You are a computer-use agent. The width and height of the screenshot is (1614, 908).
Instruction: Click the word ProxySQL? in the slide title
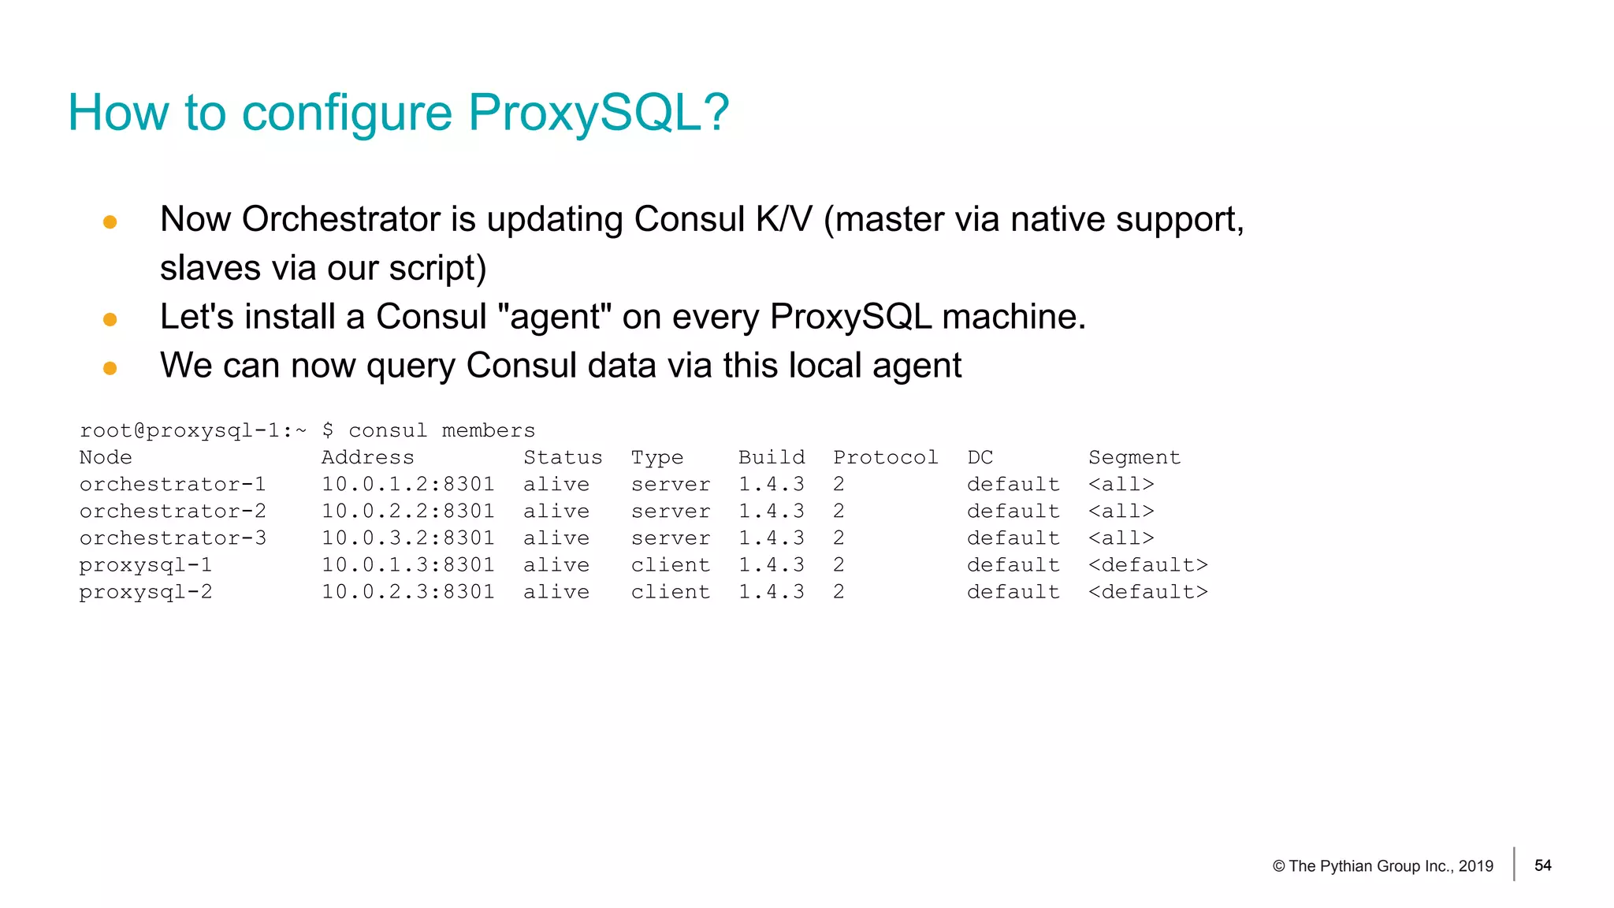pyautogui.click(x=598, y=113)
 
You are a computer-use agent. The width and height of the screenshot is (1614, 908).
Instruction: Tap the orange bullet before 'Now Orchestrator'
pyautogui.click(x=110, y=222)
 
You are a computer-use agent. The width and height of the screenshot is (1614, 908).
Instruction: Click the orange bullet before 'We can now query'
pyautogui.click(x=110, y=368)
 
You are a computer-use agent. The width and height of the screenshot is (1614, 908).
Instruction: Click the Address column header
pyautogui.click(x=367, y=457)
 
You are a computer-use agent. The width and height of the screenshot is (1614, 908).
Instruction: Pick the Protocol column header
pyautogui.click(x=885, y=457)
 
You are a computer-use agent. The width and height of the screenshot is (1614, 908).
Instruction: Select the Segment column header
pyautogui.click(x=1134, y=457)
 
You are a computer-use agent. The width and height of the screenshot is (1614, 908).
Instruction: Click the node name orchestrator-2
pyautogui.click(x=173, y=511)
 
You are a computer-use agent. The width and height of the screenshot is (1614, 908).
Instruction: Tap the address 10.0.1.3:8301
pyautogui.click(x=407, y=564)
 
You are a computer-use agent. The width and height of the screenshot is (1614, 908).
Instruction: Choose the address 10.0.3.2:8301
pyautogui.click(x=407, y=538)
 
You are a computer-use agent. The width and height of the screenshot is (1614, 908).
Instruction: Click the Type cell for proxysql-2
pyautogui.click(x=670, y=591)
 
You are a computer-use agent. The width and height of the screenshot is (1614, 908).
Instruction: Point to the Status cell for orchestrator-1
pyautogui.click(x=556, y=484)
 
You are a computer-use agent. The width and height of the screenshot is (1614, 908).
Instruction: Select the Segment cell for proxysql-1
pyautogui.click(x=1147, y=564)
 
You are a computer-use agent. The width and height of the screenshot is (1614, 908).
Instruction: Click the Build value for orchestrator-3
pyautogui.click(x=771, y=538)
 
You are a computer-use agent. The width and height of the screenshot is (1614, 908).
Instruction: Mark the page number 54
pyautogui.click(x=1542, y=865)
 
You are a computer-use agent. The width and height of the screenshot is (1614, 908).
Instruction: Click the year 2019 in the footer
pyautogui.click(x=1475, y=866)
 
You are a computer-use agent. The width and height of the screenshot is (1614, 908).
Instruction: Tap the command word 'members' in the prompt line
pyautogui.click(x=488, y=430)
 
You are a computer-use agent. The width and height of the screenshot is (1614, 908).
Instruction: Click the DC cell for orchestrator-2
pyautogui.click(x=1013, y=511)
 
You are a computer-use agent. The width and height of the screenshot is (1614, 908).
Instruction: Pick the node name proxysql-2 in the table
pyautogui.click(x=146, y=591)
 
